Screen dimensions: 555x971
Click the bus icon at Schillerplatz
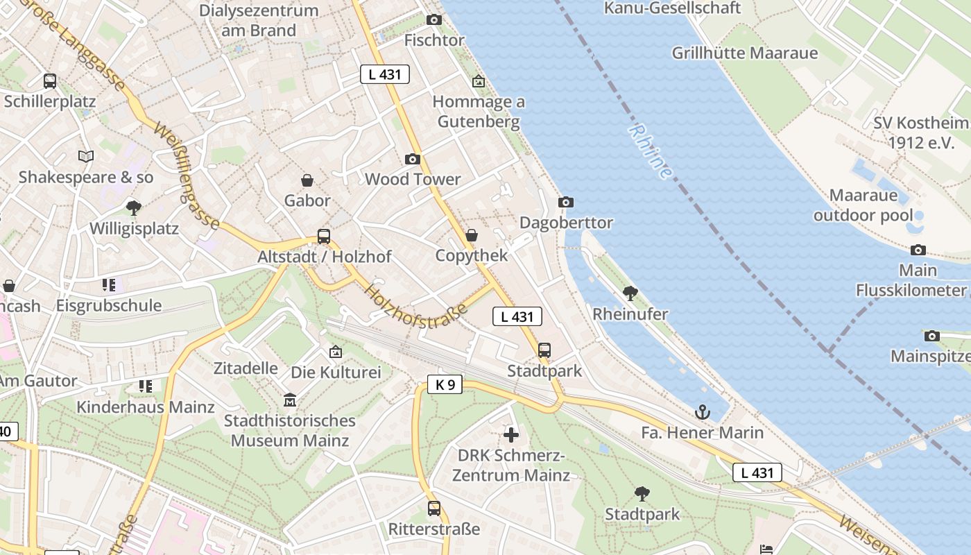(x=50, y=81)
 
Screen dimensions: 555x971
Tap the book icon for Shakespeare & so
(x=86, y=157)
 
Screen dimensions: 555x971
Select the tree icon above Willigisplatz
(x=134, y=207)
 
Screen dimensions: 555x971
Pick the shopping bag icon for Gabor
(x=307, y=180)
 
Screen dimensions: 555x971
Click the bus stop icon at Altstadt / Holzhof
(x=324, y=236)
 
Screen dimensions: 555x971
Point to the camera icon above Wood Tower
(x=413, y=159)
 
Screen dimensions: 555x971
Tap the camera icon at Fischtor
(x=434, y=19)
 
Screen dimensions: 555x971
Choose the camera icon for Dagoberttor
(x=566, y=202)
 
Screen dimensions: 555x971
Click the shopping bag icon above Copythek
(x=472, y=235)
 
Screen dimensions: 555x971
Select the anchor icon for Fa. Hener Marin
(x=703, y=412)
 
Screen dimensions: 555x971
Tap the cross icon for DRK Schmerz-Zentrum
(x=511, y=435)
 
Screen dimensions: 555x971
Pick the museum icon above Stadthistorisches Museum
(x=290, y=400)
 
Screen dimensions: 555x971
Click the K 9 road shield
(x=445, y=384)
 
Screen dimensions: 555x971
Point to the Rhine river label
(x=651, y=151)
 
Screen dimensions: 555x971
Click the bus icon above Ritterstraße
(x=434, y=509)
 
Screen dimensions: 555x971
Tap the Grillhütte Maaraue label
(x=745, y=53)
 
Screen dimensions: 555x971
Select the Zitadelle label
(x=246, y=368)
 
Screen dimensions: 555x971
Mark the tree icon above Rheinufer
(x=630, y=293)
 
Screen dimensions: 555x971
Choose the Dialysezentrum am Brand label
(x=259, y=20)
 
